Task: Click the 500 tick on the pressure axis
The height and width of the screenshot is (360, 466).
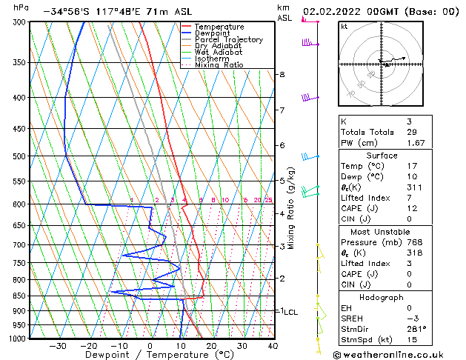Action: click(x=20, y=156)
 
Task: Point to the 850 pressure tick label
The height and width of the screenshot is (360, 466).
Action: click(x=20, y=296)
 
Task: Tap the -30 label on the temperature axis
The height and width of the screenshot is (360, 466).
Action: click(x=57, y=345)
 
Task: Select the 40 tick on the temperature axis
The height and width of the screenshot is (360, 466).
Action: click(x=273, y=345)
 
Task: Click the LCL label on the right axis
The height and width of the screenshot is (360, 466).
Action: click(x=291, y=313)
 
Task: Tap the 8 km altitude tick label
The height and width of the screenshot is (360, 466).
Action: click(x=282, y=75)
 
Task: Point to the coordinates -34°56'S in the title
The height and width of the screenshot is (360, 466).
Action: click(x=67, y=12)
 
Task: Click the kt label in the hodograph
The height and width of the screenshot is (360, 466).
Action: click(x=344, y=27)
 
